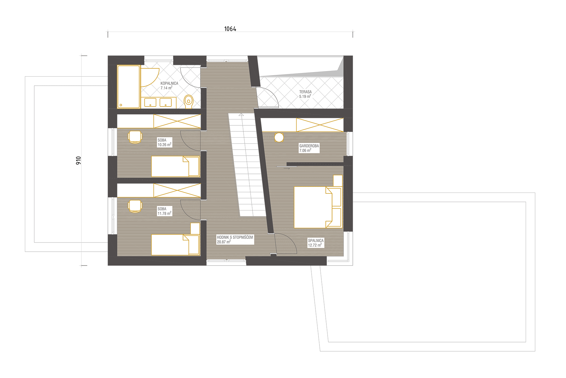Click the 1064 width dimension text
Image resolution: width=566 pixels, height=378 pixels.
point(230,29)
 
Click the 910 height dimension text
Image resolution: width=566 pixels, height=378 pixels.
point(79,160)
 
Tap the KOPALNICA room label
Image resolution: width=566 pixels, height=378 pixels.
point(169,83)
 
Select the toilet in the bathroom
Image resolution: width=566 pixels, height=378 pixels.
point(188,101)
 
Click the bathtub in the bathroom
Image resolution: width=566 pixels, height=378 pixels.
point(129,87)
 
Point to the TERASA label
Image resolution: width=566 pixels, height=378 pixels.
point(305,92)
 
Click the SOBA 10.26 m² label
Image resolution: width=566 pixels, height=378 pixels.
point(164,142)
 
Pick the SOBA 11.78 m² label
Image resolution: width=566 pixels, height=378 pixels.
point(164,211)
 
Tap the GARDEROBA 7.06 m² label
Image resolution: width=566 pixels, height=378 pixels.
point(309,148)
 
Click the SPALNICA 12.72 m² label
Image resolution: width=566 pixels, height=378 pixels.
point(315,243)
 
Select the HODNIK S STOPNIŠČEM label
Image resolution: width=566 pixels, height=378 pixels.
point(235,237)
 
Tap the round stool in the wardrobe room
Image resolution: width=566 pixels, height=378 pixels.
point(279,137)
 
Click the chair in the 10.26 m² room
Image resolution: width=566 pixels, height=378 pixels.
point(135,137)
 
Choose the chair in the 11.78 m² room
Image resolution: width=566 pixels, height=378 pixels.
point(135,206)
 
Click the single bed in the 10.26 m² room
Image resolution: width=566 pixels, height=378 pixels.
point(175,166)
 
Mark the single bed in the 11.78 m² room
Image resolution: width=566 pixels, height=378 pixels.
point(175,245)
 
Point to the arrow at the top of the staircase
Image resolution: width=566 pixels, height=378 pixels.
point(241,115)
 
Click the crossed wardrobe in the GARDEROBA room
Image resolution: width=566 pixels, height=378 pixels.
point(320,125)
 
